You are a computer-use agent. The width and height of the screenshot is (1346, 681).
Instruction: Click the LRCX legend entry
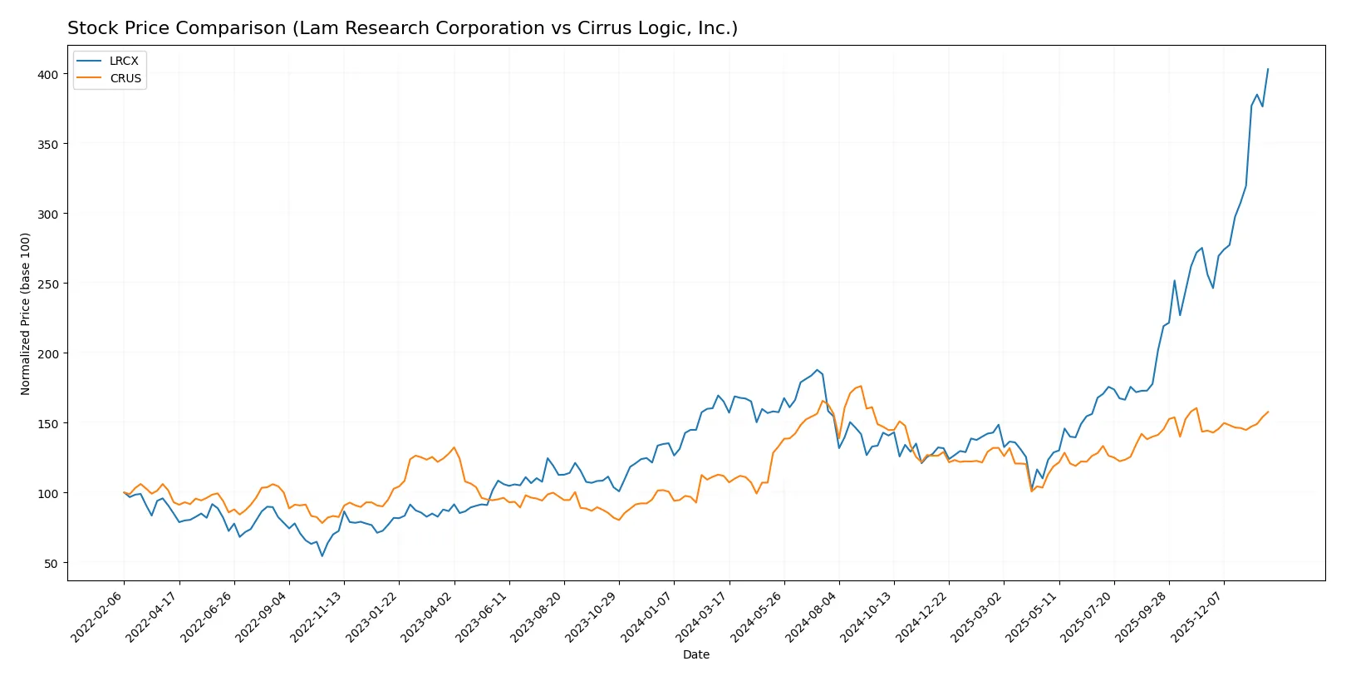point(124,62)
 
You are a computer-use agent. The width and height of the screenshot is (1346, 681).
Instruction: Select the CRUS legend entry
point(125,79)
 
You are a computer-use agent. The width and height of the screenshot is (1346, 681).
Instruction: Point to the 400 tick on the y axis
point(48,75)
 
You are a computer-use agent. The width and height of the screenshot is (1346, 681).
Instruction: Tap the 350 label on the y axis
point(48,145)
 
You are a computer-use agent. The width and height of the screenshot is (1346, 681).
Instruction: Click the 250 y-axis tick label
point(48,284)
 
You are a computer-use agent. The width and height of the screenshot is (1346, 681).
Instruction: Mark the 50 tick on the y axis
point(51,564)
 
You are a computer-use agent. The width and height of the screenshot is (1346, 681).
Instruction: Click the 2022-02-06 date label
point(98,617)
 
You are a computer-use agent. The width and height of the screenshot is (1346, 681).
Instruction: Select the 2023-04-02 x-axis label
point(428,617)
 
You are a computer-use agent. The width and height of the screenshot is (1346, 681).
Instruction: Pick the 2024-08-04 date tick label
point(813,617)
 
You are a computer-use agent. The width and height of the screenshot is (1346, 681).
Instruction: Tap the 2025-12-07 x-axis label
point(1197,617)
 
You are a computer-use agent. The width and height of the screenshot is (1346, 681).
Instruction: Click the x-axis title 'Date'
point(696,655)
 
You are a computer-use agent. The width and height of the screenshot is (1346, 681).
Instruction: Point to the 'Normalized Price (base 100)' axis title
point(26,313)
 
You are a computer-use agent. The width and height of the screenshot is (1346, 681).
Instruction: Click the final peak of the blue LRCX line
point(1268,69)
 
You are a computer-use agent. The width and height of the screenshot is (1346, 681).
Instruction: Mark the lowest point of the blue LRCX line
point(322,555)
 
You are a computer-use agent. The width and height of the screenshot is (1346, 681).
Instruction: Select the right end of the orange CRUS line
point(1268,412)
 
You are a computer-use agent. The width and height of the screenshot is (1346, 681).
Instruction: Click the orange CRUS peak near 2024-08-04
point(861,386)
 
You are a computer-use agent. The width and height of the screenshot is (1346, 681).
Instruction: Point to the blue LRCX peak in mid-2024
point(817,370)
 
